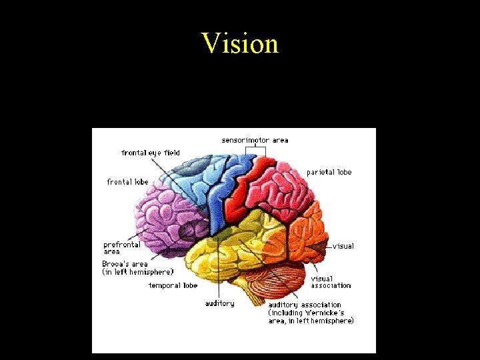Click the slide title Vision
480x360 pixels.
[240, 44]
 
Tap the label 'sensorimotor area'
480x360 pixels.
[255, 140]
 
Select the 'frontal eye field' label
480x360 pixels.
[151, 153]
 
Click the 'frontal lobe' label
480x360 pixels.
[127, 182]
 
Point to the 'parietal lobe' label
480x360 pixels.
[329, 172]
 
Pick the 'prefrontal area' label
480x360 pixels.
[121, 248]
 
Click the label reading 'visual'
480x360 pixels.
[343, 246]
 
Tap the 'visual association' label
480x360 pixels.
[331, 282]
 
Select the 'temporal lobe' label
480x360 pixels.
[173, 285]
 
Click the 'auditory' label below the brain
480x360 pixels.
[219, 303]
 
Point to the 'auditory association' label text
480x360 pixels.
[304, 305]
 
